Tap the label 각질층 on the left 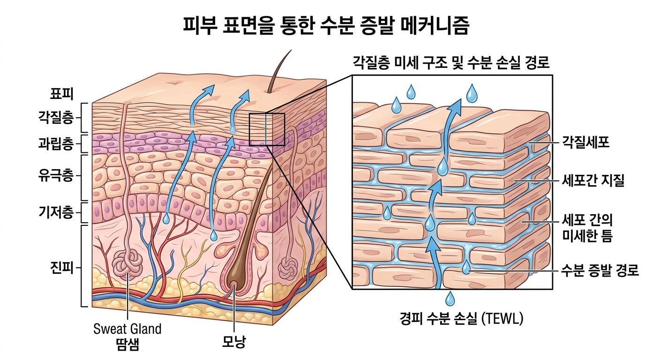pos(55,117)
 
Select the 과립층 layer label pos(55,143)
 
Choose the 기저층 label pos(55,213)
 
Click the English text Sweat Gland pos(127,329)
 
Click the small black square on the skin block pos(267,129)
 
